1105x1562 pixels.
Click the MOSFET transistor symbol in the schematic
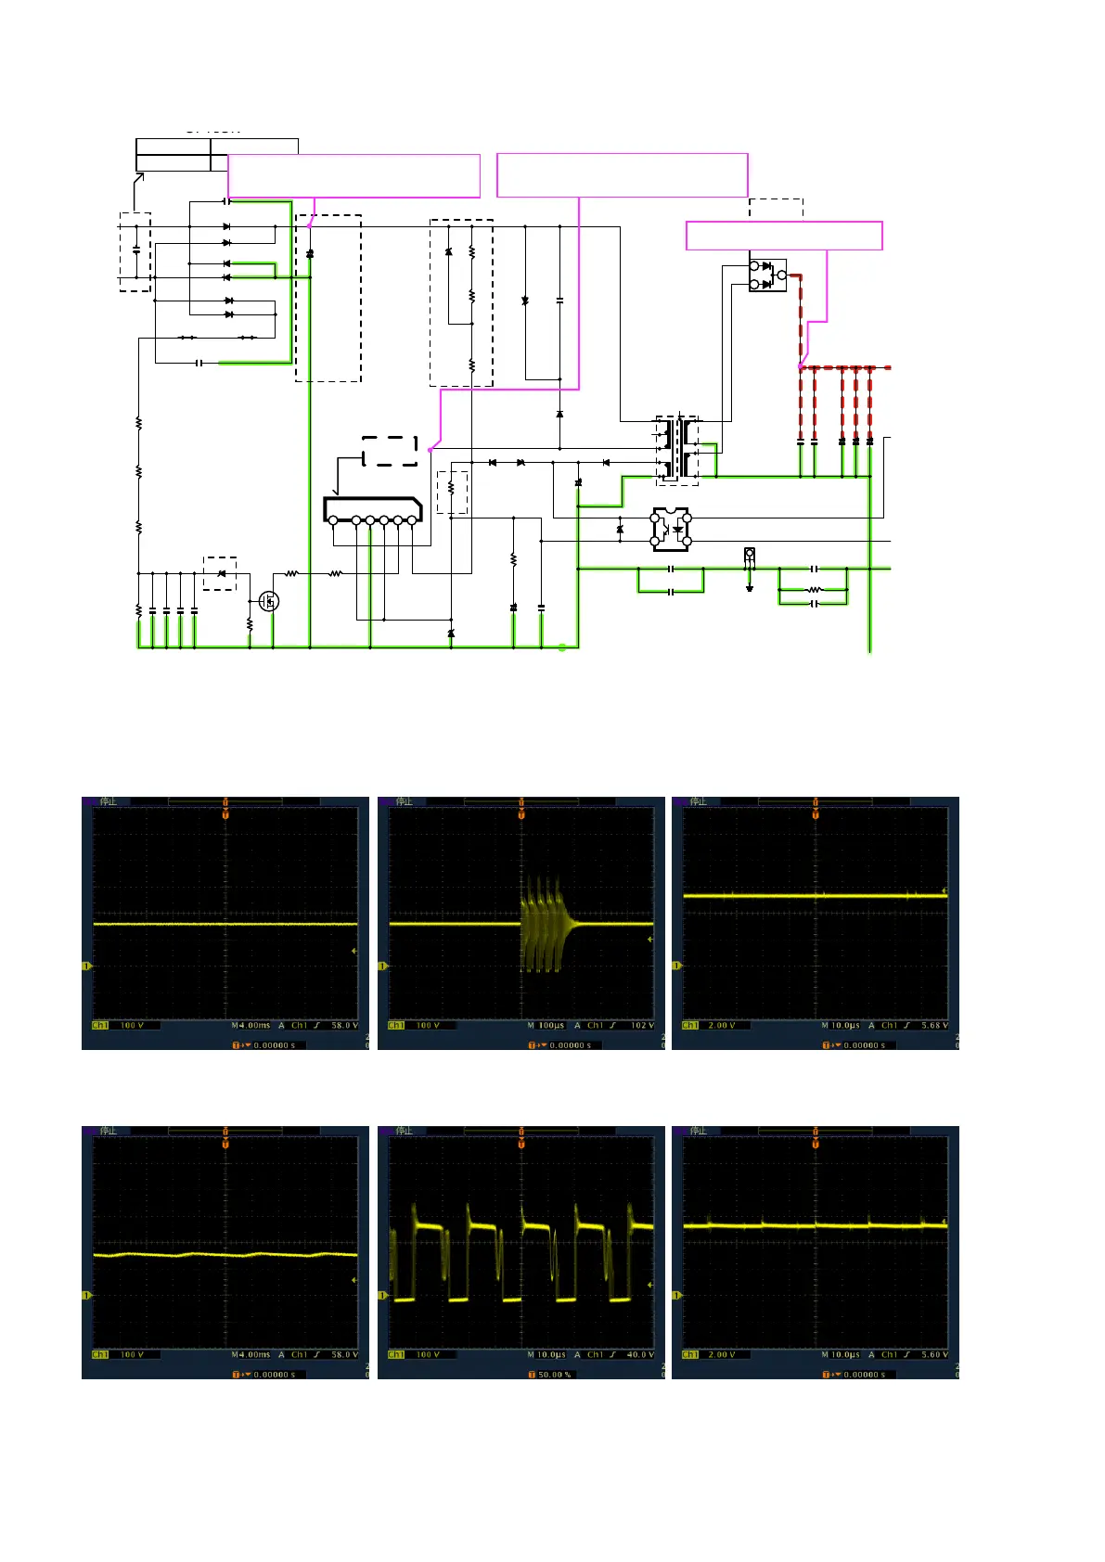click(269, 601)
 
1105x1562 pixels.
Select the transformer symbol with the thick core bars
click(678, 450)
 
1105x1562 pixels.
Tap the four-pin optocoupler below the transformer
click(671, 529)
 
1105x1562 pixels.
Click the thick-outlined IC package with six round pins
click(372, 510)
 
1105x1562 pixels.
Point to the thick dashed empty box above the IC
click(390, 452)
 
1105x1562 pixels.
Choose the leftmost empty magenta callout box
click(353, 175)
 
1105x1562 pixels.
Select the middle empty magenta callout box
click(622, 175)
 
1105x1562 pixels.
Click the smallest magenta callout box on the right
click(784, 236)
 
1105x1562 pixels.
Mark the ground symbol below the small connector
click(750, 587)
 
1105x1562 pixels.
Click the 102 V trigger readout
click(642, 1025)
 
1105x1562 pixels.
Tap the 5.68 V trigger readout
click(934, 1025)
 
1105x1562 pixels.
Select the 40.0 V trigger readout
click(640, 1354)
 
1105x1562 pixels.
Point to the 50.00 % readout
click(555, 1374)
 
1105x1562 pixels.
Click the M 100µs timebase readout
click(546, 1025)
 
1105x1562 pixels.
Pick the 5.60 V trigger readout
click(934, 1354)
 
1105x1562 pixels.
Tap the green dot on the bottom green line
click(562, 647)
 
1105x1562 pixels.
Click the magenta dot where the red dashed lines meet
click(801, 367)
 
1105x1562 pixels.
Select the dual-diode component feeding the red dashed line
click(767, 275)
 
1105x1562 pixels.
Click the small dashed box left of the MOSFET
click(220, 573)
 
